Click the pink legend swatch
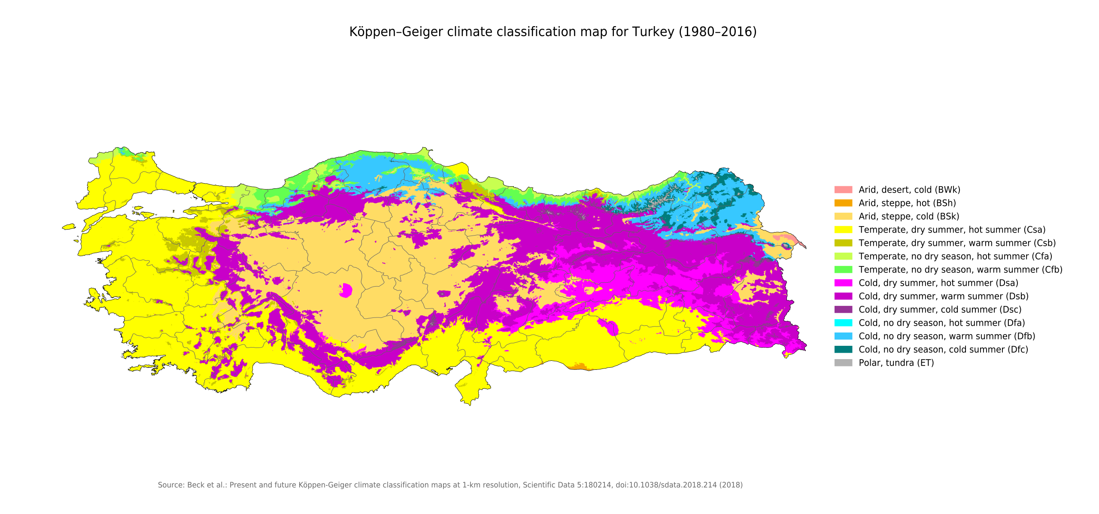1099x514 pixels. pos(843,190)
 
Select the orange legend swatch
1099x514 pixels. pos(843,203)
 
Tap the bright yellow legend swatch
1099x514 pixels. pos(843,230)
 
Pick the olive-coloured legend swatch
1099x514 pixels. pos(843,243)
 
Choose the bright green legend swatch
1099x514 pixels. pos(843,269)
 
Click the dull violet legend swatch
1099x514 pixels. pos(843,309)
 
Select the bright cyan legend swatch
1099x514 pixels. pos(843,323)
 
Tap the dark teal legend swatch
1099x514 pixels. pos(843,349)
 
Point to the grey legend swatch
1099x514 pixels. pos(843,363)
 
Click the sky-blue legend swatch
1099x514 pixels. pos(843,336)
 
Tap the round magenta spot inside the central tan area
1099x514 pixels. pos(346,290)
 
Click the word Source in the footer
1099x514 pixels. pos(171,485)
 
